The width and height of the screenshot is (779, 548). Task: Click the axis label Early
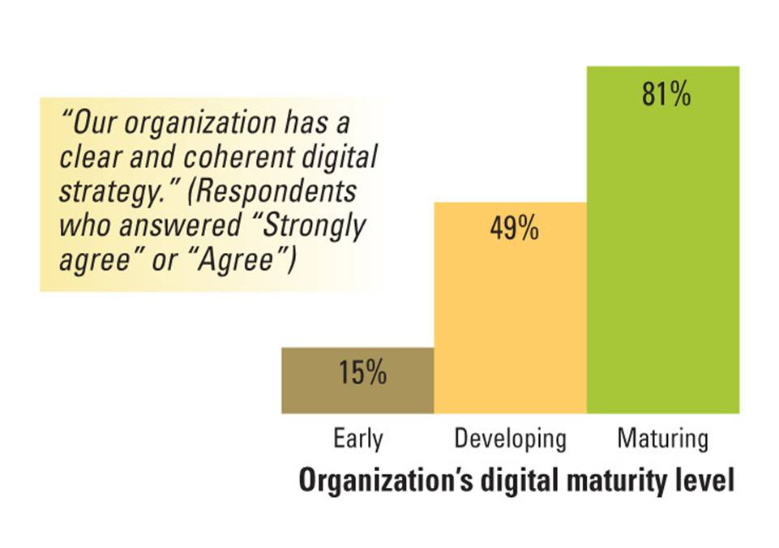point(357,439)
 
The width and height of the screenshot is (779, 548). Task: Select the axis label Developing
point(510,440)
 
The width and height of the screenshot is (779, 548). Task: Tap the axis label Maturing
point(662,439)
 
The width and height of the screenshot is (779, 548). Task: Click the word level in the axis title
point(704,479)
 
